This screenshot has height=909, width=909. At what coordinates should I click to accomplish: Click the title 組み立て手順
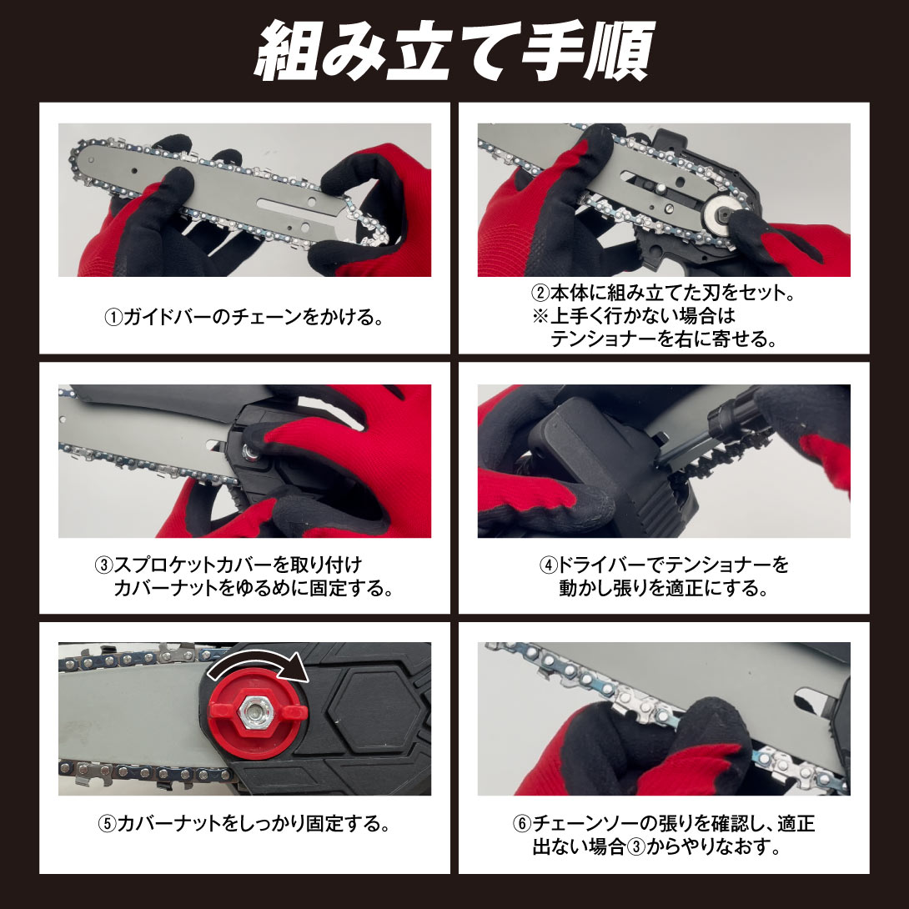[454, 52]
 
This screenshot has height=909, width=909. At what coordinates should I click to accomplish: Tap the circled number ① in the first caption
[113, 318]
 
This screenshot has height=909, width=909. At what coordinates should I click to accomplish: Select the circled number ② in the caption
[540, 294]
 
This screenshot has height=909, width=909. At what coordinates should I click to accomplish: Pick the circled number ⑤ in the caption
[108, 825]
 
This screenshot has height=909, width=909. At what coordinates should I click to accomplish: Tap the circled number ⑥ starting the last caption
[522, 825]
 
